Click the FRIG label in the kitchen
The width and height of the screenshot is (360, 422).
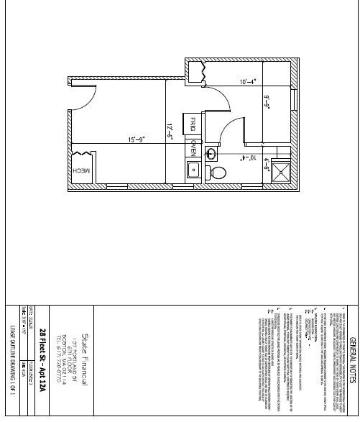click(193, 126)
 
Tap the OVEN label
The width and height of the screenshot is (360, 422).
click(193, 149)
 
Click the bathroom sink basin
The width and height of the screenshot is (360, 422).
click(213, 152)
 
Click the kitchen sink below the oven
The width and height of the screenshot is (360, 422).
click(193, 170)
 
